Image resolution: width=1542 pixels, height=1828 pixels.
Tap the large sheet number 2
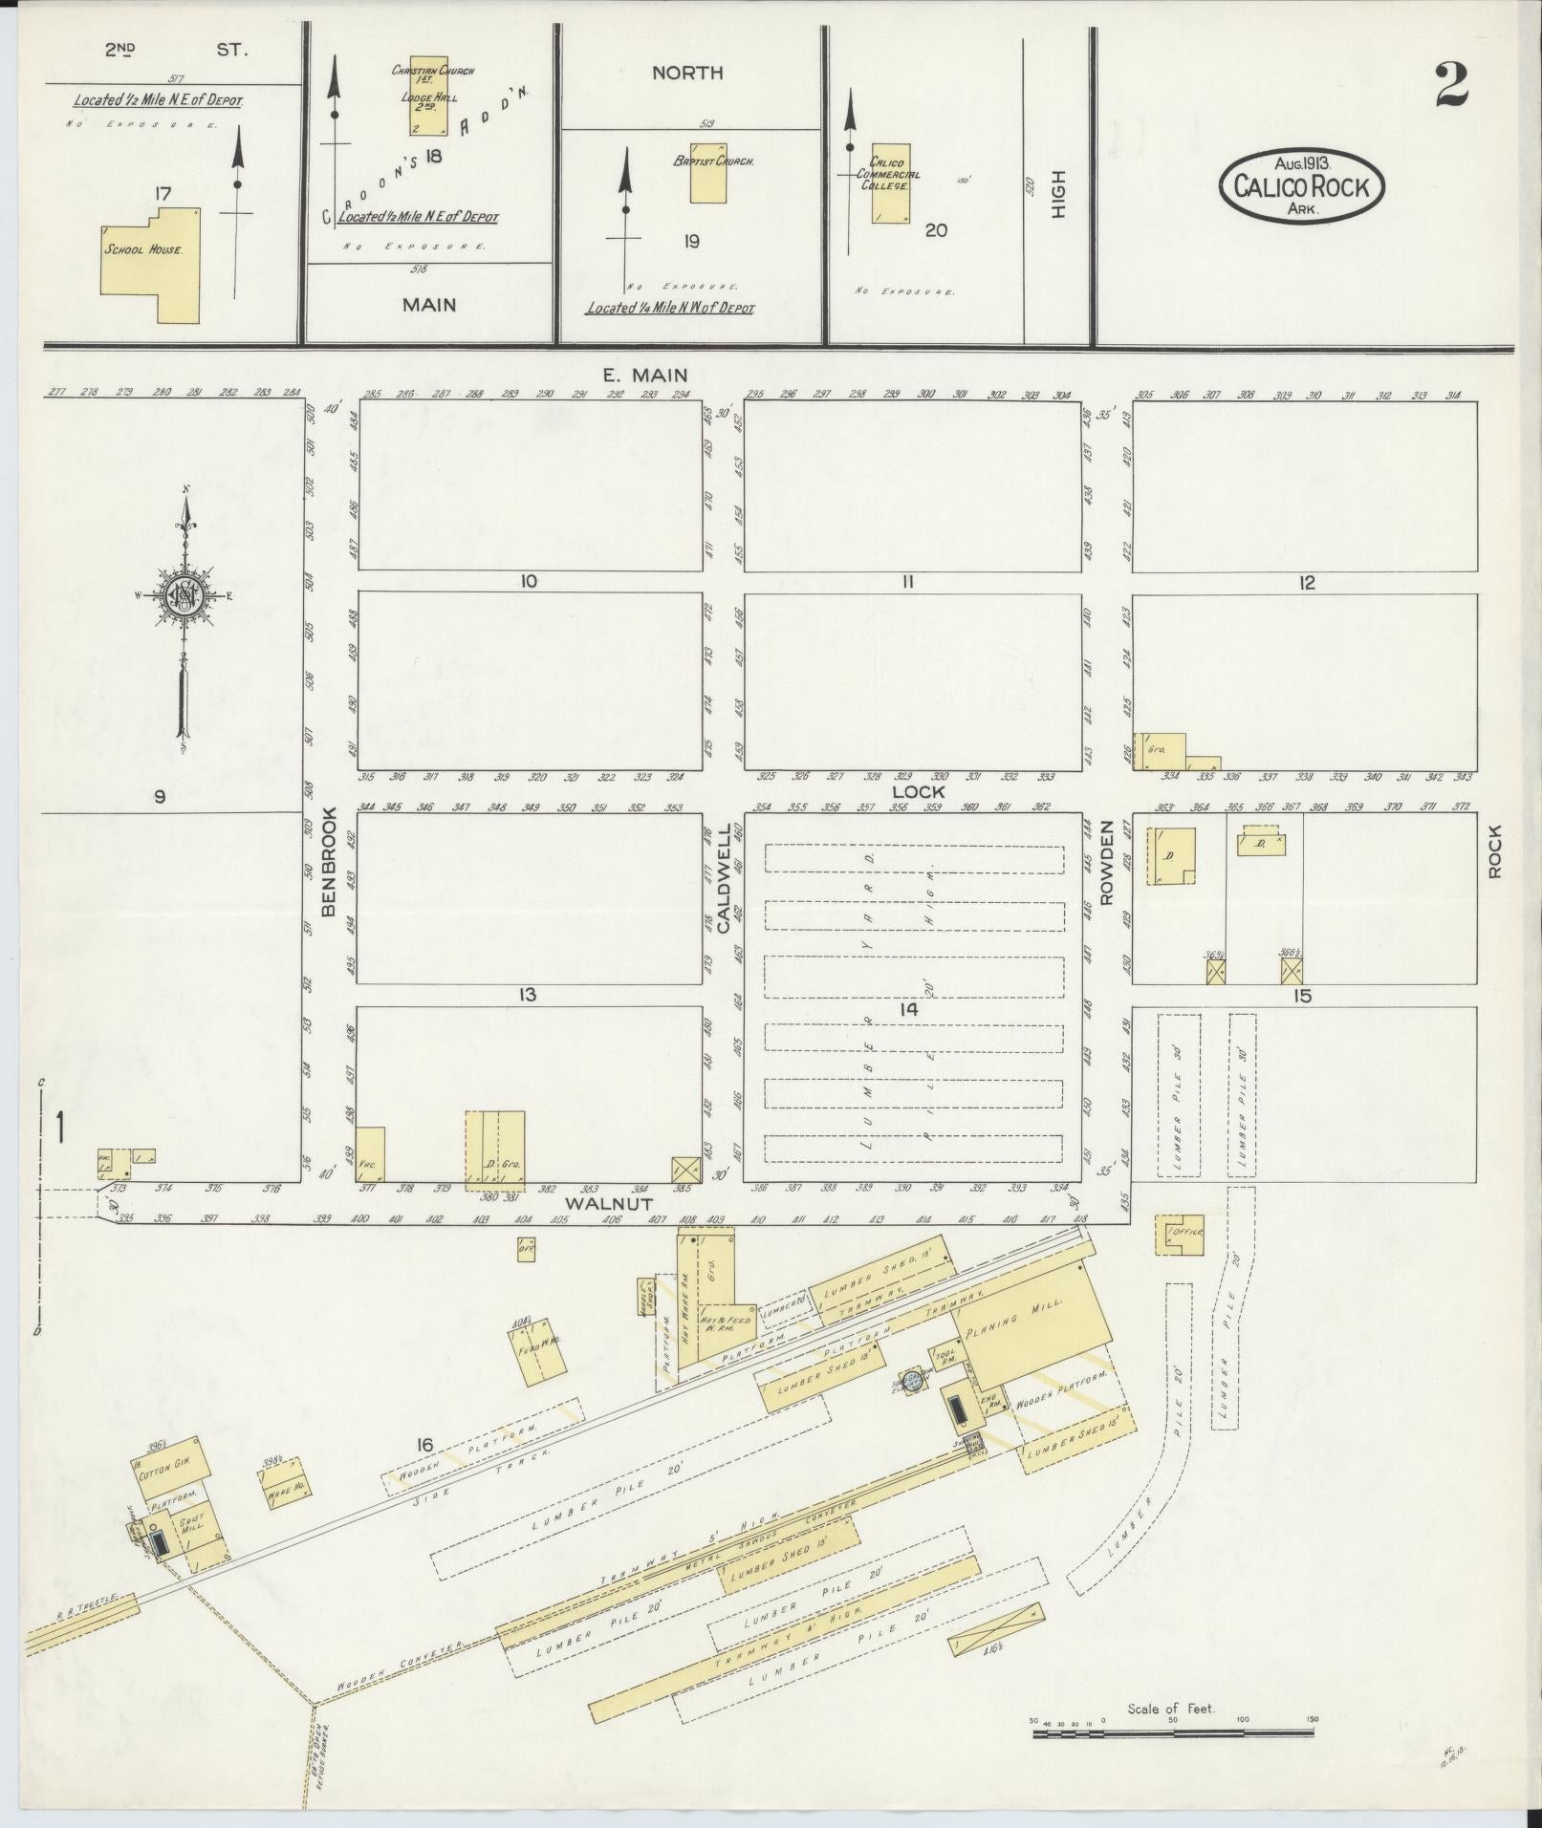coord(1450,86)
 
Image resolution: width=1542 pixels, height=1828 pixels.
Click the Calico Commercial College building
coord(890,184)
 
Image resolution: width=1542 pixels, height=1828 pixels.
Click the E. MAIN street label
coord(644,376)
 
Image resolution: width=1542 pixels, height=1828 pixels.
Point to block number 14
coord(908,1010)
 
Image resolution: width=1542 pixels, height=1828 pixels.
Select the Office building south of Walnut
coord(1183,1235)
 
